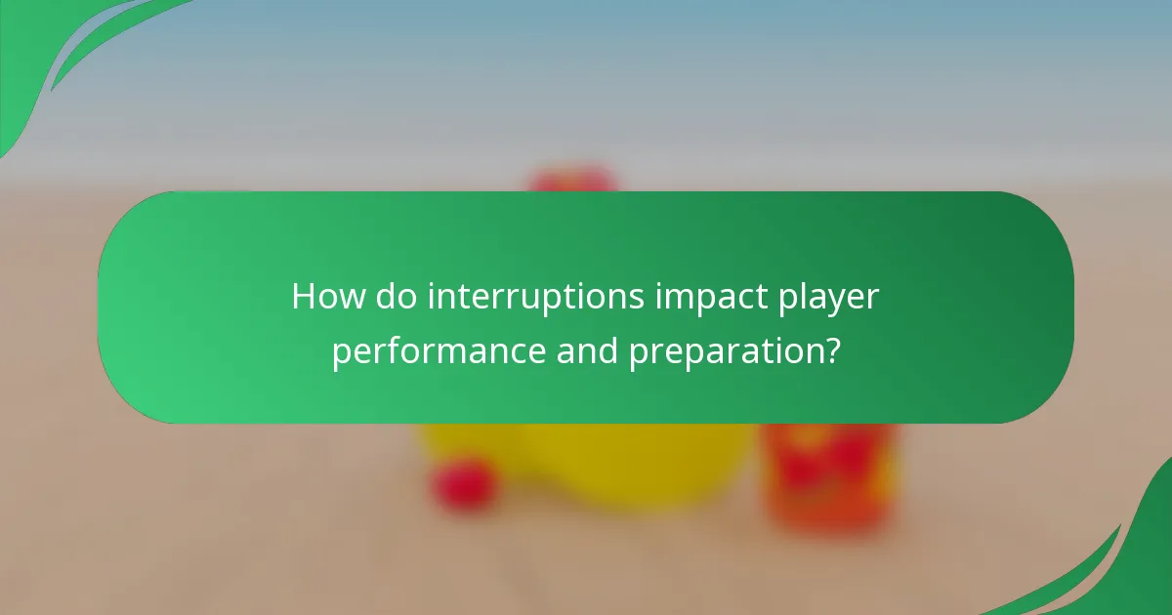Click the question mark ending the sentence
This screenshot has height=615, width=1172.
coord(830,349)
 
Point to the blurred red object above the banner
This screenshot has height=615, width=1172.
coord(572,181)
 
